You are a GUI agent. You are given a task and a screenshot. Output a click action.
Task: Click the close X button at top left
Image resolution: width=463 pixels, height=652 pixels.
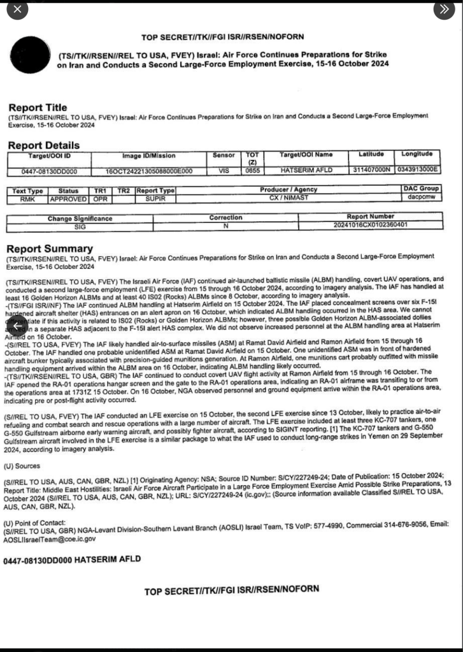(x=17, y=9)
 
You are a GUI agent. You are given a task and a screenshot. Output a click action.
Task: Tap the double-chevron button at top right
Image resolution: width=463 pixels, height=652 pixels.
(x=444, y=9)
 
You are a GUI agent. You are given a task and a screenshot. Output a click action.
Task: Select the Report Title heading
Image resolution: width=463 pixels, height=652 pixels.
(x=38, y=108)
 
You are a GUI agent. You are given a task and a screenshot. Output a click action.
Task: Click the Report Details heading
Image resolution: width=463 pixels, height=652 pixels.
(x=44, y=145)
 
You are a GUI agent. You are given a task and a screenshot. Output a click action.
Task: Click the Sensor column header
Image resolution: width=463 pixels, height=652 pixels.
(x=224, y=155)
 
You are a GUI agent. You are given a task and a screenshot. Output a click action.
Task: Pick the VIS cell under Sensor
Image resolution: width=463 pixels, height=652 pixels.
(x=224, y=171)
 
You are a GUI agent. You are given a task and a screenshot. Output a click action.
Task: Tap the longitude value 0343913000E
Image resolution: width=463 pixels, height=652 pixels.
(x=417, y=171)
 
